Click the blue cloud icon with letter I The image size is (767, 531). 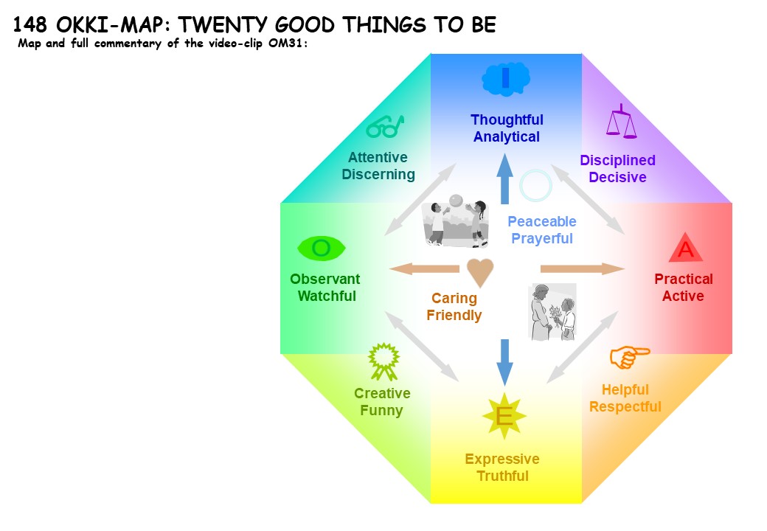click(506, 78)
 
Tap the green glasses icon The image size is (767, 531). click(386, 127)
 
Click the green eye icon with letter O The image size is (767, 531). click(322, 249)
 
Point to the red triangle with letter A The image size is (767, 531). click(686, 247)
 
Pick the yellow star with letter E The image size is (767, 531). click(504, 416)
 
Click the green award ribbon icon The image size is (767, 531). click(384, 361)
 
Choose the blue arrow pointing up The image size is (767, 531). click(504, 179)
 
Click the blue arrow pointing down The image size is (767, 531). click(504, 362)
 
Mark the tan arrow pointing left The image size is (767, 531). click(425, 268)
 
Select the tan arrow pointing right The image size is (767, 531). click(583, 268)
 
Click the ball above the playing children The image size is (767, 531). click(456, 201)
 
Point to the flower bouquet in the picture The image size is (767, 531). click(556, 316)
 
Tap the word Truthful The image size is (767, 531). click(503, 476)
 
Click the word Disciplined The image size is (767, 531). click(618, 160)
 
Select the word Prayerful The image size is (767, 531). click(542, 239)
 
